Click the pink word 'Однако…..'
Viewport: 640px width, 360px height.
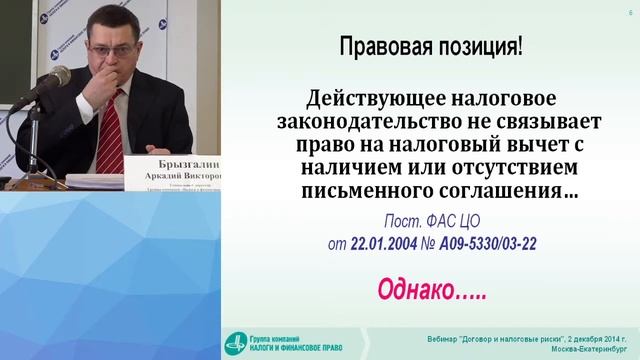point(432,289)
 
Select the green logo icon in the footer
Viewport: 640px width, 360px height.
point(236,341)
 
